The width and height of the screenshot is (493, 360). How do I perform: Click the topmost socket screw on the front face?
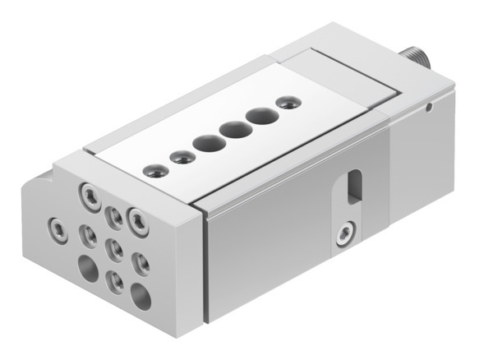(88, 195)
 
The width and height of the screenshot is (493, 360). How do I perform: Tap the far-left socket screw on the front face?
(56, 224)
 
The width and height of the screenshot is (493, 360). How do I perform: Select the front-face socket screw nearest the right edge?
(140, 220)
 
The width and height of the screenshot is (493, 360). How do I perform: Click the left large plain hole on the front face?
(87, 265)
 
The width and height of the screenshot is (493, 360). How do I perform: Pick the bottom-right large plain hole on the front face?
(141, 295)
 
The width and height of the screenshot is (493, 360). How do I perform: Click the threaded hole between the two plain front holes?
(116, 281)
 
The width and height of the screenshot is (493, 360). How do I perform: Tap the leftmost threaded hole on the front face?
(87, 236)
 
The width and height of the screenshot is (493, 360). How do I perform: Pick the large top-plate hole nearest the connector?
(260, 116)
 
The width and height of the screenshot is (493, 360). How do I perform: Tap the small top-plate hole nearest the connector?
(286, 103)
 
